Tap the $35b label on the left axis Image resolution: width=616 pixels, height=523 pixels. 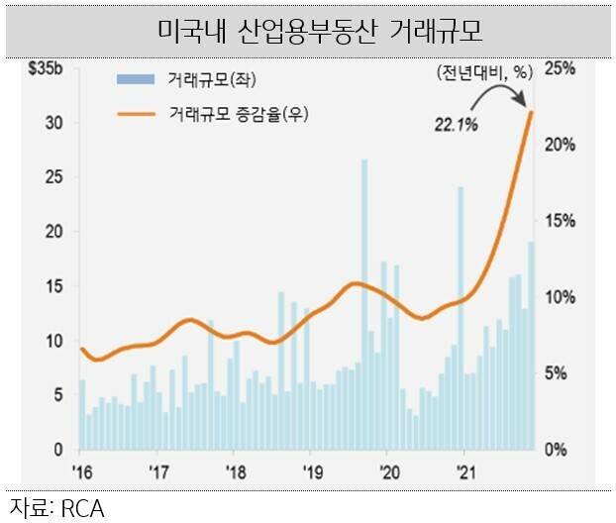(46, 70)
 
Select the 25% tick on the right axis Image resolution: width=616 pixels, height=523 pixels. (560, 68)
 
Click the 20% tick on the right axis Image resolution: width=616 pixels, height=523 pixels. (560, 145)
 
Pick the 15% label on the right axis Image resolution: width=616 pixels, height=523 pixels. (560, 221)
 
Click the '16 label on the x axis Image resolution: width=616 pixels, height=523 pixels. (80, 471)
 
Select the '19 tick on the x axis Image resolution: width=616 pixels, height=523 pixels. (310, 471)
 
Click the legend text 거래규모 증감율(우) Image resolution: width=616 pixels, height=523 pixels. (227, 115)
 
